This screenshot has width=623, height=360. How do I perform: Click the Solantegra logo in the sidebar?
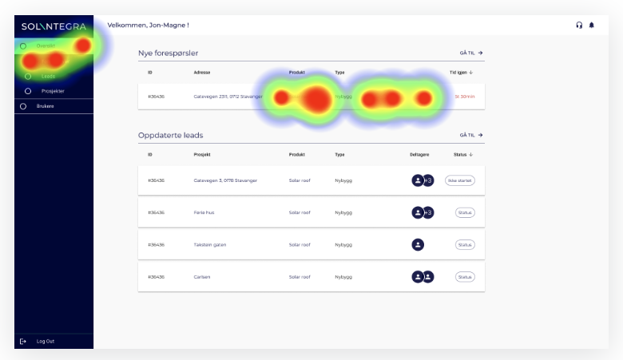tap(54, 26)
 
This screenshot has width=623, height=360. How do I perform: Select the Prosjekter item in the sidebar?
tap(53, 91)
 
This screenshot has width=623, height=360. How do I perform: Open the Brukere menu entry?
tap(45, 106)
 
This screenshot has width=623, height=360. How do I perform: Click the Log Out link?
tap(45, 342)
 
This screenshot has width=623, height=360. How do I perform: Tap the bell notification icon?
tap(592, 25)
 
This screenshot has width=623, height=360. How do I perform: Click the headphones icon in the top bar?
tap(579, 25)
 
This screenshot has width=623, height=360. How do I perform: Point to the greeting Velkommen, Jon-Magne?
tap(148, 25)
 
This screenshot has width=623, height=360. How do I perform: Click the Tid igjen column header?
tap(462, 73)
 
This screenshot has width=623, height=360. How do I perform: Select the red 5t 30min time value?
tap(464, 97)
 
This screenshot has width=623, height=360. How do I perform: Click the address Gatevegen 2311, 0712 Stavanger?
tap(228, 97)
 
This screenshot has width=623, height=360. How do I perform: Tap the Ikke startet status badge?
tap(459, 180)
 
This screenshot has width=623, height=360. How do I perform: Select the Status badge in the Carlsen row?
tap(465, 276)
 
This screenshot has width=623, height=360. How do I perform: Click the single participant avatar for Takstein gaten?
tap(417, 244)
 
